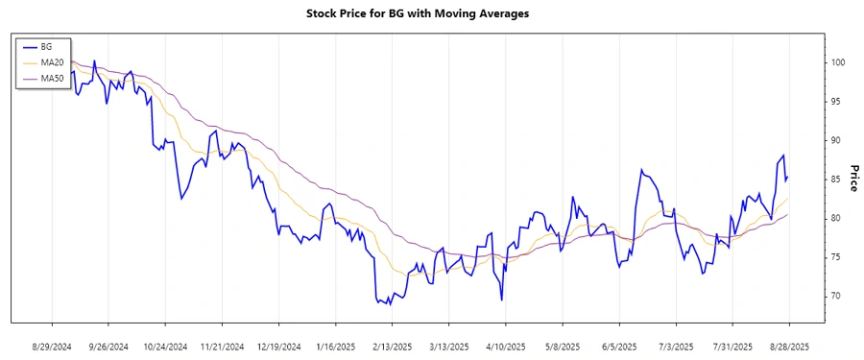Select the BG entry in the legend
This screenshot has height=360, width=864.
point(47,46)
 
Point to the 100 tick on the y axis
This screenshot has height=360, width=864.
point(838,62)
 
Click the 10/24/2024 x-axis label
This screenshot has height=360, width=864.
point(165,346)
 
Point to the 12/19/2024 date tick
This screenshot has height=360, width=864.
point(278,346)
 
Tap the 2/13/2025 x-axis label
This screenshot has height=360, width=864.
point(392,346)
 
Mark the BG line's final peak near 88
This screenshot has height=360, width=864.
point(783,156)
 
